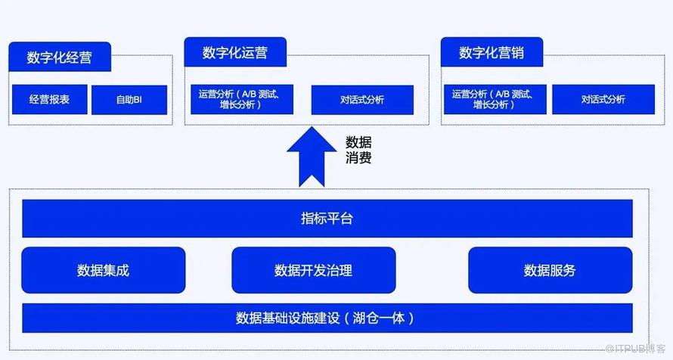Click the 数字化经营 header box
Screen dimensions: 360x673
point(60,57)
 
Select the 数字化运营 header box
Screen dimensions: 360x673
point(234,53)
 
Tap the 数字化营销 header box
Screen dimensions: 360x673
point(492,53)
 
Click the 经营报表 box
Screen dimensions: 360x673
point(49,100)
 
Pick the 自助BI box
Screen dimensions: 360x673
point(129,100)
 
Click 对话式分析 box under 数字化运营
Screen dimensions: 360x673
point(362,99)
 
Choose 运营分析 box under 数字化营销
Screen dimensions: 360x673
point(492,99)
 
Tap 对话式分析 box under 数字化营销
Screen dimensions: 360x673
point(603,99)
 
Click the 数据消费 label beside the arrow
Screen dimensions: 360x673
point(358,150)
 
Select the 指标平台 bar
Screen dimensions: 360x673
point(327,219)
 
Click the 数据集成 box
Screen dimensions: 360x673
point(104,270)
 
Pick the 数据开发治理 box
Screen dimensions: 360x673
point(313,270)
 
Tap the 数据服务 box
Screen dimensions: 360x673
point(550,270)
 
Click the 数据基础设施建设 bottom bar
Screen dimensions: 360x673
point(327,317)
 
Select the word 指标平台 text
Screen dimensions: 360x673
point(327,219)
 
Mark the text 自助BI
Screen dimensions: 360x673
point(129,100)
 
